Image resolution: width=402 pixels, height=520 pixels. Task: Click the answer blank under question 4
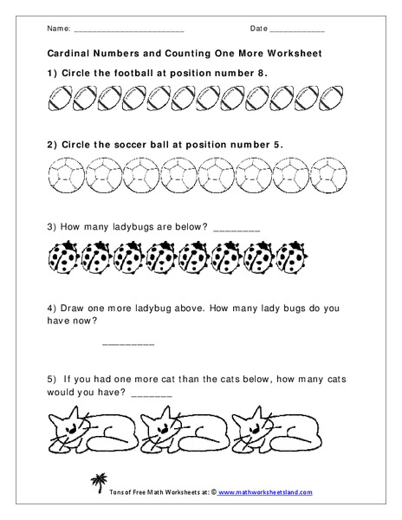click(128, 343)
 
